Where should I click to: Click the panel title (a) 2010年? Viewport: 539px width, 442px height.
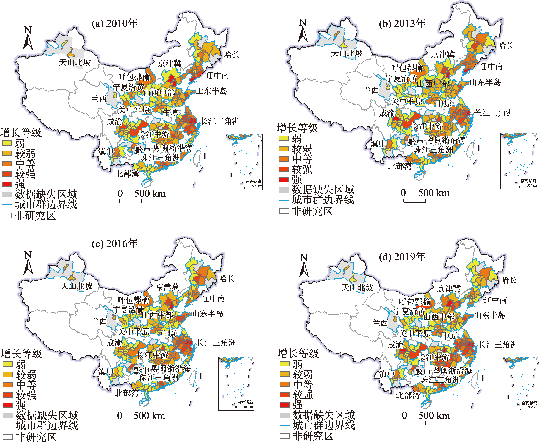[115, 24]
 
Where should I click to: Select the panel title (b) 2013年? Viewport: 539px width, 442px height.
[402, 24]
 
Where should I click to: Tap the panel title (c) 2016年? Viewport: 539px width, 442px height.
[115, 244]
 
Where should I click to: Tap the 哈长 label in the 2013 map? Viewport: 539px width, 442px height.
[506, 46]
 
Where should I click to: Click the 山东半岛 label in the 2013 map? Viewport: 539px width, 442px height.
[485, 82]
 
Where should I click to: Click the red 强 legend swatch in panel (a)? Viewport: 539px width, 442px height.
[7, 184]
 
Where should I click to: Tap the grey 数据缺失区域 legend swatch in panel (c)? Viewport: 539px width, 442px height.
[8, 416]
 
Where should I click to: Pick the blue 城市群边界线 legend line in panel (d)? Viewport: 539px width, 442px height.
[284, 425]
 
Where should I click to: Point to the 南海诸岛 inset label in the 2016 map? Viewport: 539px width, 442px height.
[245, 402]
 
